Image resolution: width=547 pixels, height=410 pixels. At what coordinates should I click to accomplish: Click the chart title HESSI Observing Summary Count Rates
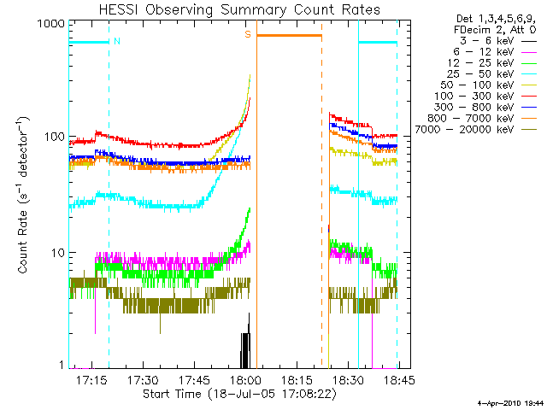[x=232, y=9]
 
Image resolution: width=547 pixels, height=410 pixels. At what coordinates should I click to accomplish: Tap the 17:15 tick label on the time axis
[x=92, y=378]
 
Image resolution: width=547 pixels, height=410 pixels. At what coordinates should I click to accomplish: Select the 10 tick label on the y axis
[x=56, y=253]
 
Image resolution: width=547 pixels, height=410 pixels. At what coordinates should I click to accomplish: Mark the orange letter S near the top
[x=248, y=35]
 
